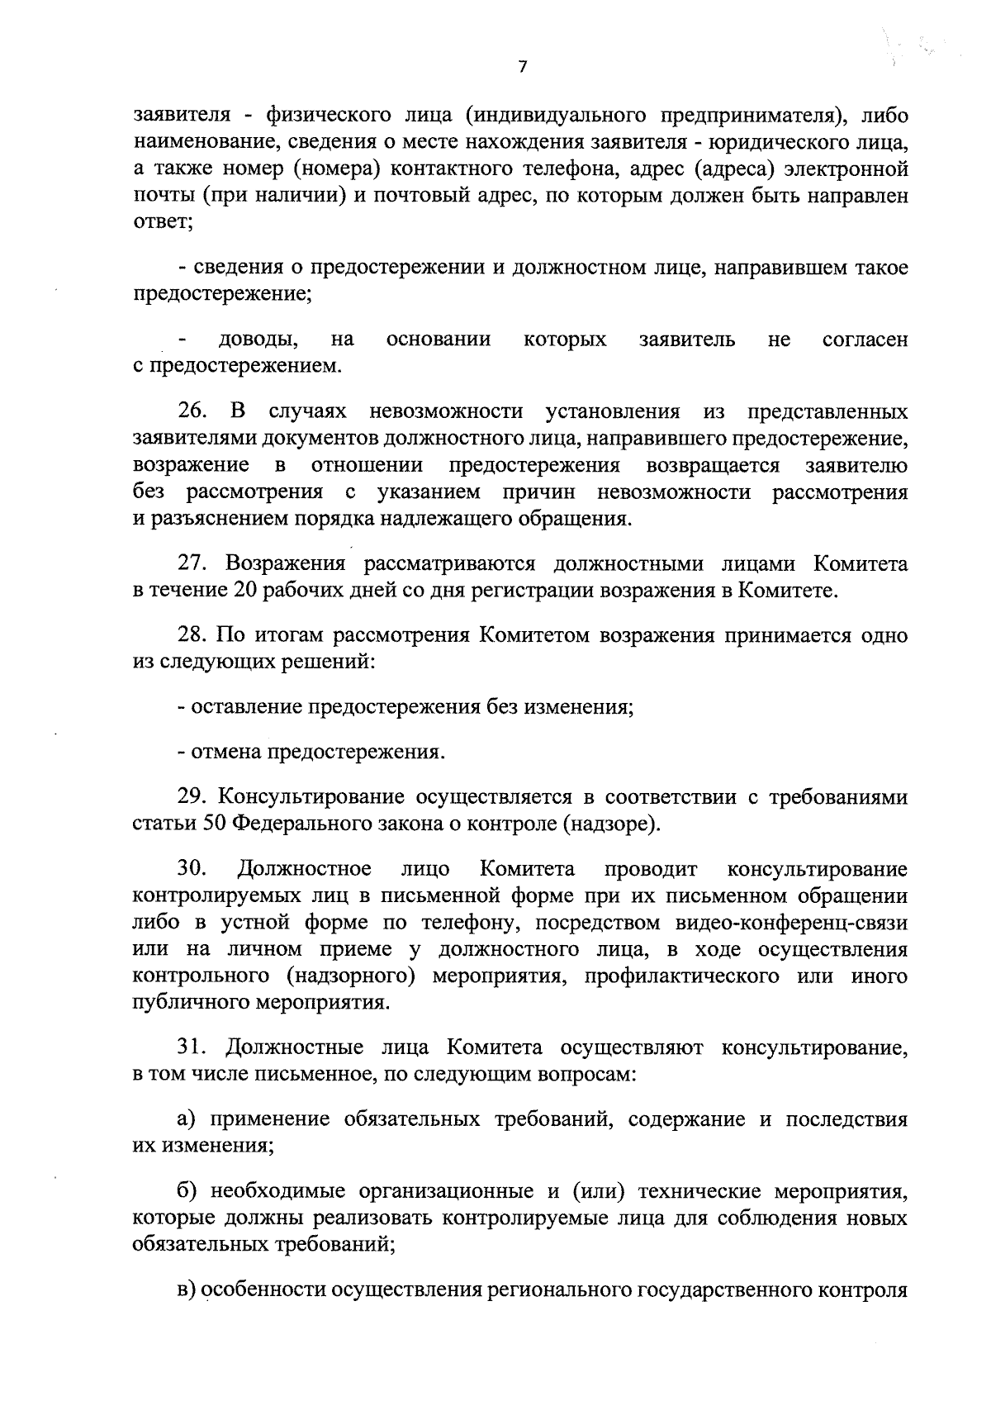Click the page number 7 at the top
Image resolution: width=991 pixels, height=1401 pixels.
point(521,68)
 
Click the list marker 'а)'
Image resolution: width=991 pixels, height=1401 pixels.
point(188,1120)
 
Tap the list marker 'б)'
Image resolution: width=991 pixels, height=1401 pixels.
point(188,1192)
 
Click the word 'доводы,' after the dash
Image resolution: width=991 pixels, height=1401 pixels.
point(259,340)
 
